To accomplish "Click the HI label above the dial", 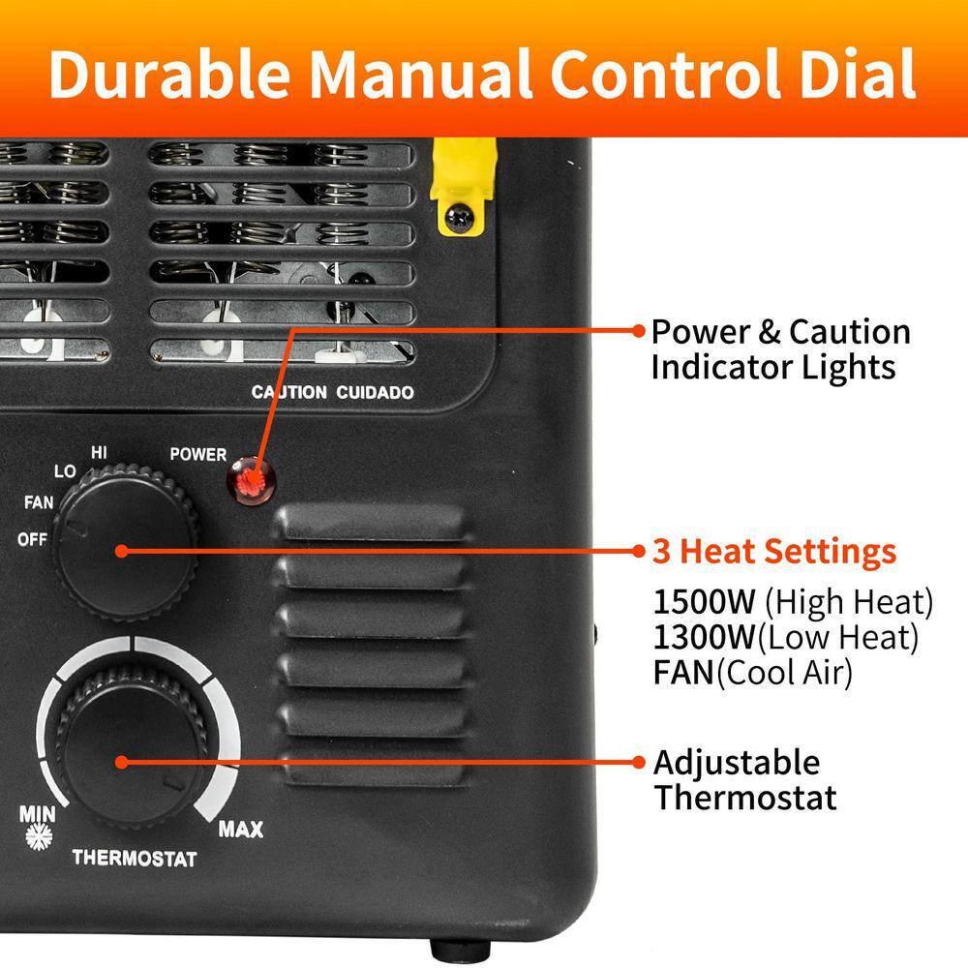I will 99,451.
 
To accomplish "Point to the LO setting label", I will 65,470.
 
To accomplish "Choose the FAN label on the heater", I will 39,502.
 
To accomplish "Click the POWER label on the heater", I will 197,454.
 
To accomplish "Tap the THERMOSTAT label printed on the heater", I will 135,859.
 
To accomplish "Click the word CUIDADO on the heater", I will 377,393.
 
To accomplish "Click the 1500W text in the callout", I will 704,602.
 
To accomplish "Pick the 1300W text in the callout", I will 704,637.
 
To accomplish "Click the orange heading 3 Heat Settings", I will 774,552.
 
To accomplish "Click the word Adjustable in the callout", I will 736,763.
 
